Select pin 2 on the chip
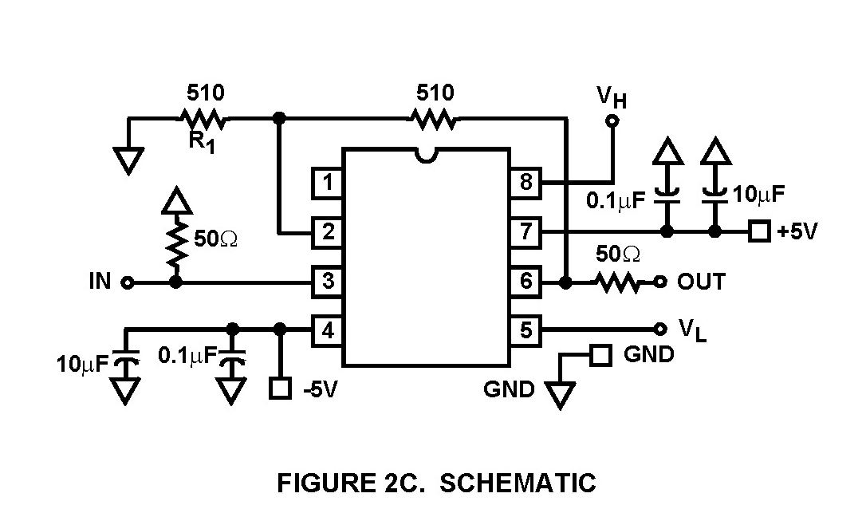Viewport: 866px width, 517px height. (x=327, y=232)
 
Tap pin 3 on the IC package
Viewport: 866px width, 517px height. (x=327, y=281)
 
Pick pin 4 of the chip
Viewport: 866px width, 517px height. (x=327, y=329)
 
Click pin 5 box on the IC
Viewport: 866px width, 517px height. (x=526, y=329)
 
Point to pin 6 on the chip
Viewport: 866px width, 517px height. (x=526, y=281)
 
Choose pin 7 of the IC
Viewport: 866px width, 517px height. (x=526, y=232)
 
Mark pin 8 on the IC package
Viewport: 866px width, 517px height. (x=526, y=183)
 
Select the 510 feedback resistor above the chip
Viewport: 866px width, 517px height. (x=435, y=120)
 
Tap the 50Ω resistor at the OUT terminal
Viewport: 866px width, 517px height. (x=617, y=282)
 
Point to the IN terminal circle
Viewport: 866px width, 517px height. (x=126, y=282)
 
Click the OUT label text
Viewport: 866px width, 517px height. (x=701, y=282)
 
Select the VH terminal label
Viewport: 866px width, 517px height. (x=612, y=98)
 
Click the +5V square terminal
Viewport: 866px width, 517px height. (x=760, y=232)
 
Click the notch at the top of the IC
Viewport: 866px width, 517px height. (x=427, y=154)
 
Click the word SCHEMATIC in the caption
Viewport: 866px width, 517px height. (x=518, y=483)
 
